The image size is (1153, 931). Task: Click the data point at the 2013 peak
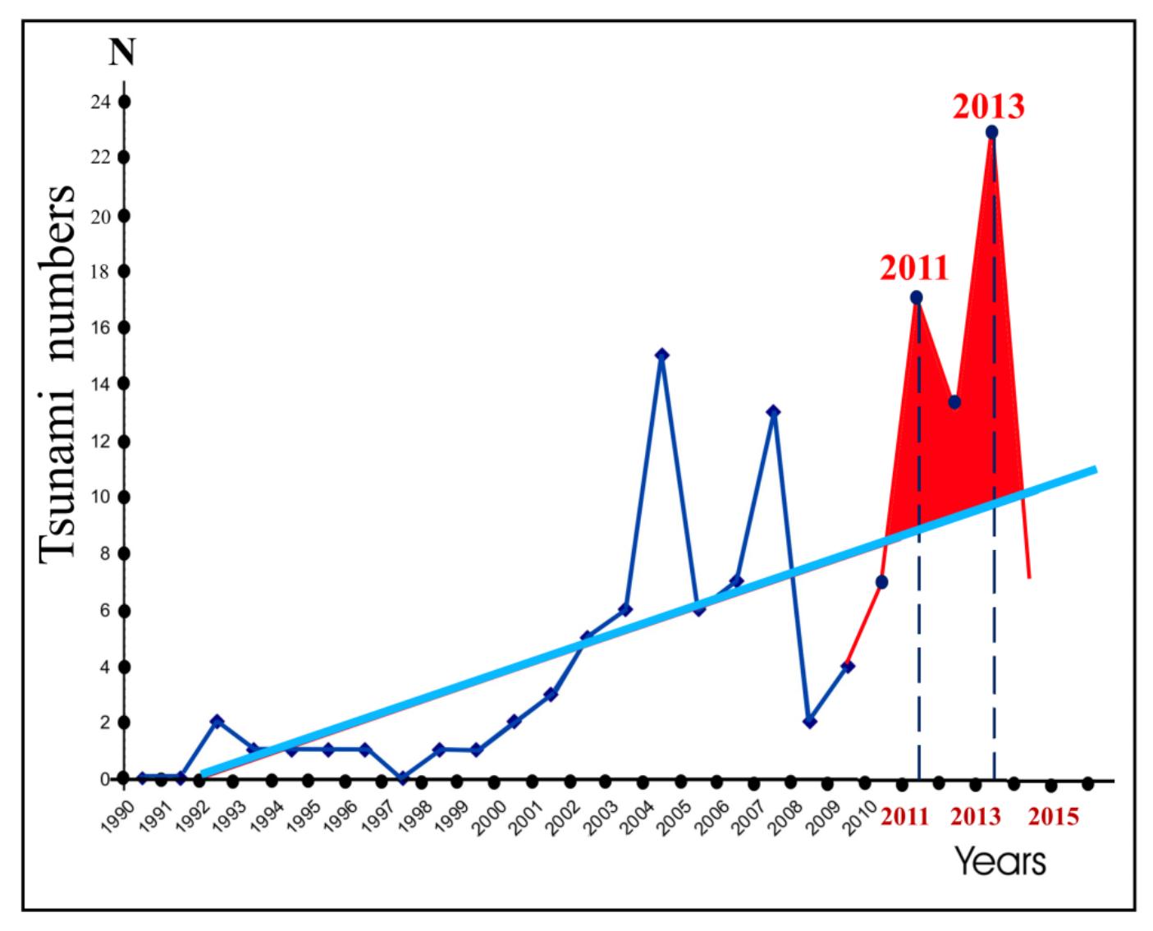click(991, 131)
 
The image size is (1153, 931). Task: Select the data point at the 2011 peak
click(916, 297)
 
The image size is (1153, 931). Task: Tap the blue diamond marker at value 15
click(661, 355)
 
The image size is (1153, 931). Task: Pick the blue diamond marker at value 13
click(772, 411)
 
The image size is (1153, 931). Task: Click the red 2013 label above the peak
click(988, 107)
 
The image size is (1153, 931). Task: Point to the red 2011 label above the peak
click(914, 268)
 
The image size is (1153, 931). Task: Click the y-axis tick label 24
click(101, 103)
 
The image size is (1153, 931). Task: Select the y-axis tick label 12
click(101, 442)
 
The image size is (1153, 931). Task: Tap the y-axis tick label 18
click(101, 272)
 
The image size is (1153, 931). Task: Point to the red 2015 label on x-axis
click(1053, 817)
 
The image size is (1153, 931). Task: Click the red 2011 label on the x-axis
click(905, 817)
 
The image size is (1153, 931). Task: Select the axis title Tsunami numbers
click(58, 374)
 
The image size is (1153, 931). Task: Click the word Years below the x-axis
click(1000, 861)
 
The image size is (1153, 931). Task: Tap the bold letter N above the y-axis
click(121, 53)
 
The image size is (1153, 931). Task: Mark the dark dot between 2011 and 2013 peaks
click(954, 401)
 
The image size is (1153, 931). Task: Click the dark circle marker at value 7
click(881, 582)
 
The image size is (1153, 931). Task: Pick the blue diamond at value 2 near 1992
click(217, 721)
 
